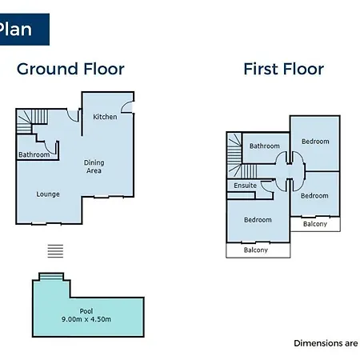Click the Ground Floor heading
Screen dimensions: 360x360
coord(70,69)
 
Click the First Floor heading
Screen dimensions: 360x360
coord(284,69)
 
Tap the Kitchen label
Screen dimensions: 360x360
coord(105,117)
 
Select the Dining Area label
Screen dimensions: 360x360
coord(94,166)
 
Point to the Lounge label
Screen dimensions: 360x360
coord(48,194)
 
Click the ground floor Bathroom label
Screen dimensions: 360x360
coord(34,154)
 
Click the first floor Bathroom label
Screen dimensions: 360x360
coord(265,146)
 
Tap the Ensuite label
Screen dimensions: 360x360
coord(246,186)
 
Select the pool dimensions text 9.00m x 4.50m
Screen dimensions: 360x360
coord(86,319)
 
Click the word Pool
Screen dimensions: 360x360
coord(86,311)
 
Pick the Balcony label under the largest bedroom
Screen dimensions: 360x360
coord(256,250)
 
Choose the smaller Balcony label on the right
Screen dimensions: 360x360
coord(315,224)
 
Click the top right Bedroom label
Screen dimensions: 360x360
coord(315,142)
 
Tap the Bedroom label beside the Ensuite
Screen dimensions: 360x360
coord(314,196)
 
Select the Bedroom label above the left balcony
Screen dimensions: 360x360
coord(258,220)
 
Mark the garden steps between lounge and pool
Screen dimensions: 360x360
coord(55,251)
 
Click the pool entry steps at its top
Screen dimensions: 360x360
coord(51,276)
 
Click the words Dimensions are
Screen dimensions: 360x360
coord(326,343)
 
